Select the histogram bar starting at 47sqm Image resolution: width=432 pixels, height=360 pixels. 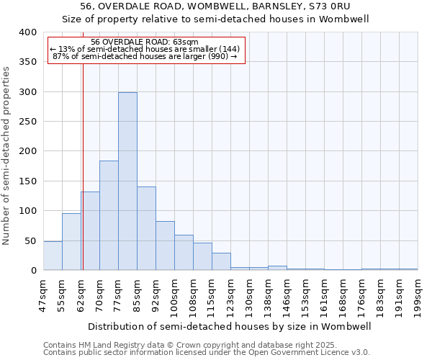(53, 256)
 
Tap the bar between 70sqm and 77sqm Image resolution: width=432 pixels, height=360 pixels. (109, 215)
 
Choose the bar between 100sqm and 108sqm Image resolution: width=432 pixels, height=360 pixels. (184, 253)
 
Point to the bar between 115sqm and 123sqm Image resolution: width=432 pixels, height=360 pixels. (221, 261)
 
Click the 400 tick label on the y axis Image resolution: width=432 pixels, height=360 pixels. (27, 32)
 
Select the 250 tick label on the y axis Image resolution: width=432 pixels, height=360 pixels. (27, 122)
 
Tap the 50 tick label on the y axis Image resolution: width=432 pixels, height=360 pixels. (30, 240)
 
